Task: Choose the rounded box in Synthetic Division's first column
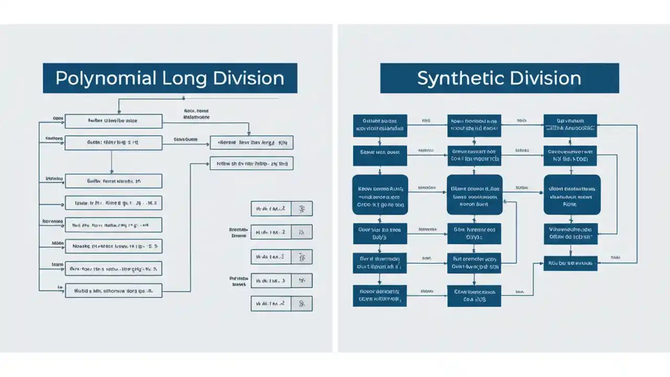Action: tap(381, 195)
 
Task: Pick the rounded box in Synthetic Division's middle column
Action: tap(474, 195)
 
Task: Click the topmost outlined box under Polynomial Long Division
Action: tap(113, 121)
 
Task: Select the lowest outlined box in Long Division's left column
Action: tap(113, 291)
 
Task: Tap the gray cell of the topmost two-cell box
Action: tap(301, 209)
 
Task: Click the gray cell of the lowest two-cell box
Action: tap(301, 304)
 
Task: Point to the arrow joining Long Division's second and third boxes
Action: tap(112, 162)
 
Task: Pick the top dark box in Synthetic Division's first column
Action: tap(380, 126)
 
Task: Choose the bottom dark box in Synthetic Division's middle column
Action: tap(474, 296)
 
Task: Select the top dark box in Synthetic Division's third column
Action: tap(570, 126)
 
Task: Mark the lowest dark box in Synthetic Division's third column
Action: tap(571, 263)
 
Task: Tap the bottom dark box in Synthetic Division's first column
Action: tap(380, 296)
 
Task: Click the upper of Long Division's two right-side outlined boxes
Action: tap(251, 142)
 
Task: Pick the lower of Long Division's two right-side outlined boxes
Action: tap(251, 163)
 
